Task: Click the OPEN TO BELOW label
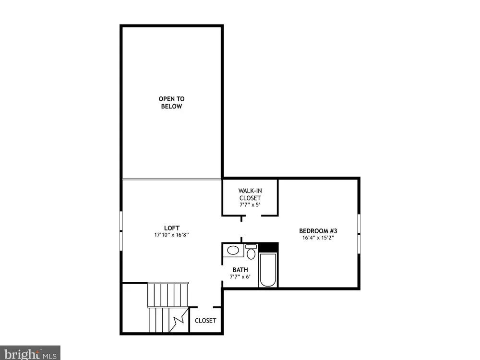(171, 103)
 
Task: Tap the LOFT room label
(172, 228)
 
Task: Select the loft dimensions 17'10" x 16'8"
(171, 235)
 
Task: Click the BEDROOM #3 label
(318, 231)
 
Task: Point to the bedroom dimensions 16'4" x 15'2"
(318, 238)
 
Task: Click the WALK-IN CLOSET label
(250, 194)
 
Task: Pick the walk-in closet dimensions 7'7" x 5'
(250, 205)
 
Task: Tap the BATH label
(240, 270)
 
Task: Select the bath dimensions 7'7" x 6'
(240, 277)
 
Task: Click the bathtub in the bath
(268, 270)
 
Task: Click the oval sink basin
(233, 251)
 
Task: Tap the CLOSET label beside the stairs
(205, 321)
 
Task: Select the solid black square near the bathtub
(268, 247)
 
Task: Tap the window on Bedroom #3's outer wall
(359, 234)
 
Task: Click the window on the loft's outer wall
(121, 231)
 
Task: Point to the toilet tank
(251, 246)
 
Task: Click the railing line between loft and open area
(171, 179)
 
